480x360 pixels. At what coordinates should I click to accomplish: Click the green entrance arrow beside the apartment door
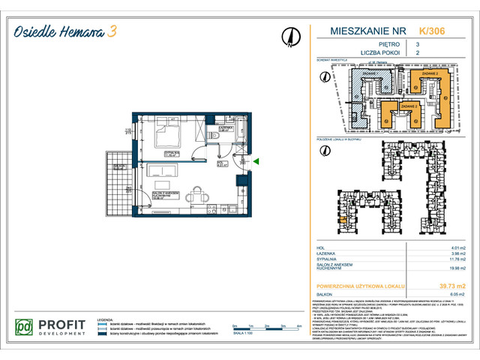[256, 161]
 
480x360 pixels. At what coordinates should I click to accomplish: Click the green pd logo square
[25, 327]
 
